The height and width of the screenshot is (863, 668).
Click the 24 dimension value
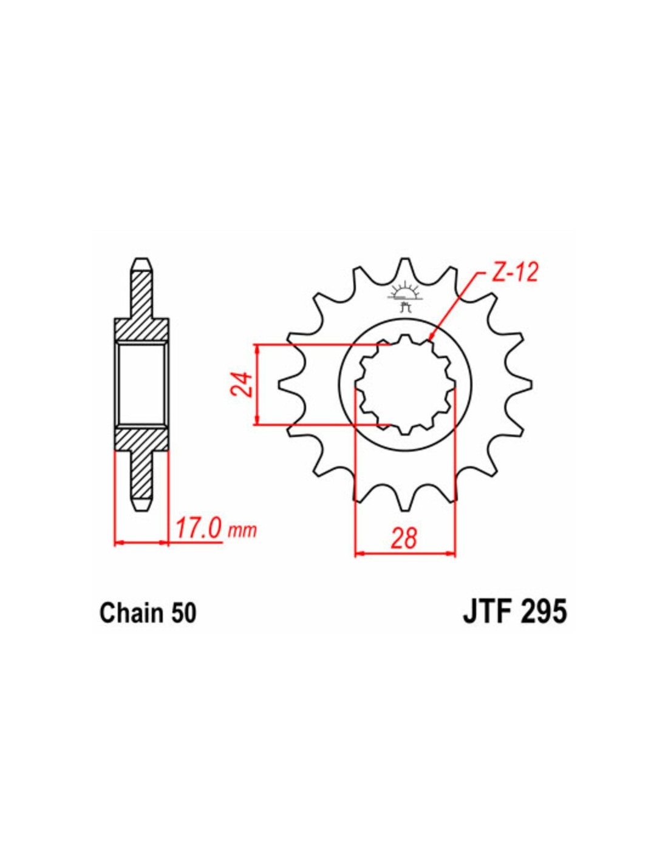click(x=243, y=384)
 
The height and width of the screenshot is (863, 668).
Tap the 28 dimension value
click(x=404, y=539)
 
